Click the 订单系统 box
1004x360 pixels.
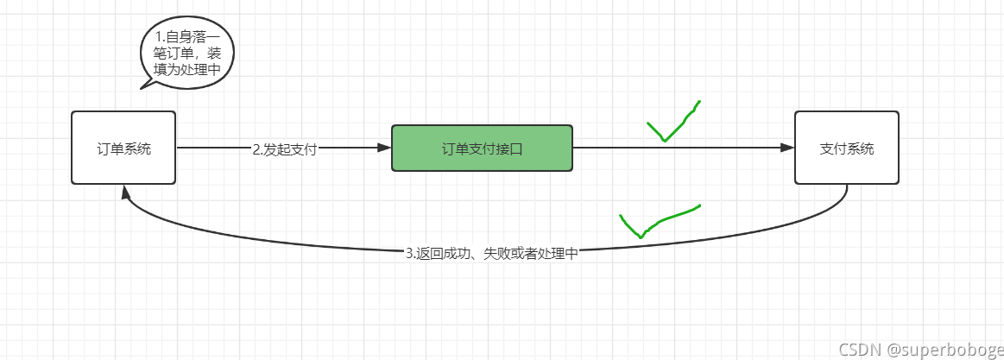click(123, 148)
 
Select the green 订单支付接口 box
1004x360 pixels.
click(482, 148)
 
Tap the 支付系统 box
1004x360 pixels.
click(846, 148)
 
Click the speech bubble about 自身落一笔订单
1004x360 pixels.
click(186, 54)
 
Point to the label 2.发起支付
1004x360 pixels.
click(285, 149)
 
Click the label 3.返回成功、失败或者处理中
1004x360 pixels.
click(491, 254)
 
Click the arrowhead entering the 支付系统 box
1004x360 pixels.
click(786, 148)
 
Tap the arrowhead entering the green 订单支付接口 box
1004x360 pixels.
click(384, 148)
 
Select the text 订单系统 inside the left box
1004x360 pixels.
click(123, 148)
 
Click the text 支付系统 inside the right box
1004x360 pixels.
click(846, 148)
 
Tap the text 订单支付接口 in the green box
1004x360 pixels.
click(482, 148)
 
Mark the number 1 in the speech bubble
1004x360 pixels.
click(159, 38)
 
